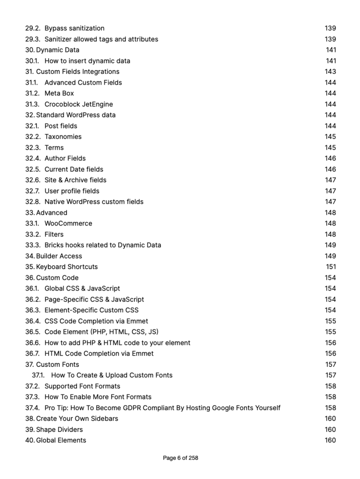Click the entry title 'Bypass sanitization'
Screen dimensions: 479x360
click(74, 29)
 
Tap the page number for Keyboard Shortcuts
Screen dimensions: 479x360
click(331, 267)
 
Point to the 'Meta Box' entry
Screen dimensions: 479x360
click(59, 94)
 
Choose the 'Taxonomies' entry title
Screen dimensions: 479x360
click(63, 137)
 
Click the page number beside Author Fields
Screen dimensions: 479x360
click(331, 159)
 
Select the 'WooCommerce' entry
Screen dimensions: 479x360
click(68, 224)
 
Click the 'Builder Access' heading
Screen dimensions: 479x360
click(59, 256)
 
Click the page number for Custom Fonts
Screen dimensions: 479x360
click(331, 365)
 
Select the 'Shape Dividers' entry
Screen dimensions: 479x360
click(59, 430)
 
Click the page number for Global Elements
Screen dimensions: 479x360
click(331, 441)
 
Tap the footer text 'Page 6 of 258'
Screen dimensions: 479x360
click(180, 458)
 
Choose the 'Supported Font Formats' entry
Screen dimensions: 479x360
click(82, 386)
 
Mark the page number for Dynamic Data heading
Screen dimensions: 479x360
click(331, 50)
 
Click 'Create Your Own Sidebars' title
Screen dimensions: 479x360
click(77, 419)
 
